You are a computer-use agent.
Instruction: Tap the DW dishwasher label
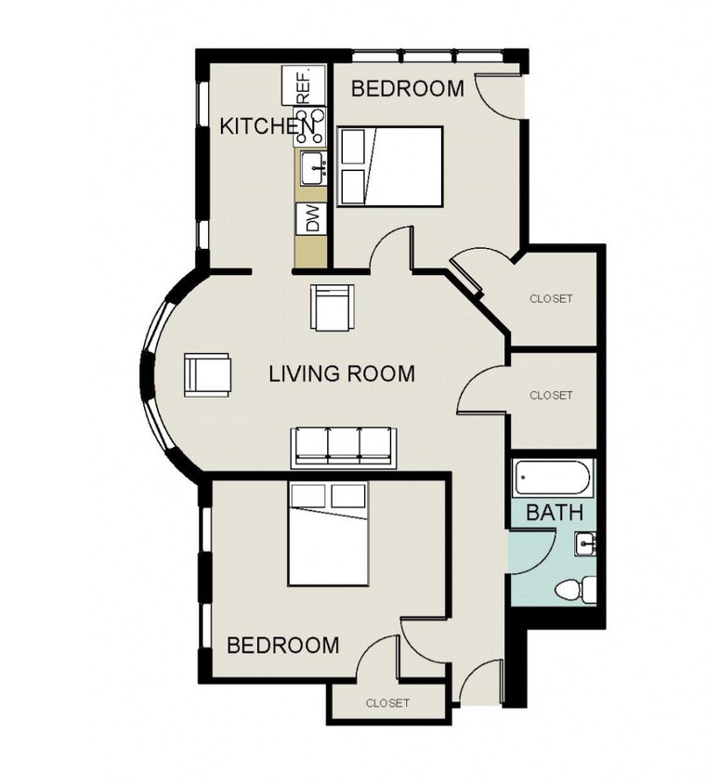[312, 219]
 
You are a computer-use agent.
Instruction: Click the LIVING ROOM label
[341, 374]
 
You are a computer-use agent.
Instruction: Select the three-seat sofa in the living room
[344, 446]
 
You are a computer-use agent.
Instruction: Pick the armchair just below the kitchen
[332, 307]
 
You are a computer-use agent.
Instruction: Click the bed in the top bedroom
[390, 165]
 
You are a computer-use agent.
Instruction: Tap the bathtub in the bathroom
[554, 478]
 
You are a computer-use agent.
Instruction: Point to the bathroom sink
[584, 543]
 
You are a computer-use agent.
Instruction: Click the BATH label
[555, 512]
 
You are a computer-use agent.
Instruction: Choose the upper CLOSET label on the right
[551, 299]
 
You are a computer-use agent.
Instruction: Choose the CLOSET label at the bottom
[387, 703]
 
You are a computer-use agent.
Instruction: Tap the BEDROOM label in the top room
[408, 89]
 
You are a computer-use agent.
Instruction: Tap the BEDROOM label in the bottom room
[283, 645]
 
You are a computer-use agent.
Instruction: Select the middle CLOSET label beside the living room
[551, 395]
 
